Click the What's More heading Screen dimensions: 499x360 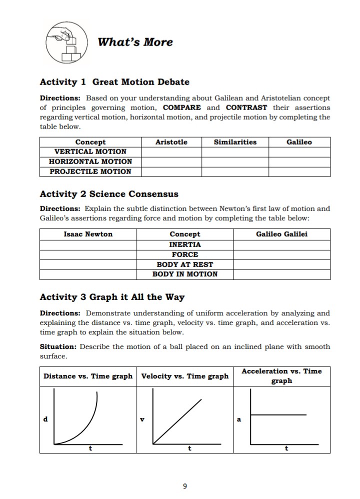[135, 42]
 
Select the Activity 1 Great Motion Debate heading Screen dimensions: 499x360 [114, 81]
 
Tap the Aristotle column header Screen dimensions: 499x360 [171, 142]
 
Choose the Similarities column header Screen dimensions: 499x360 [235, 142]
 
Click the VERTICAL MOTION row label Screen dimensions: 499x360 [90, 151]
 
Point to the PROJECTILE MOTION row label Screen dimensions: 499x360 [90, 171]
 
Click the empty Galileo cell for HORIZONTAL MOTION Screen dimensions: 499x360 [299, 161]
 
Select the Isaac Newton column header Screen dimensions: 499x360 [88, 234]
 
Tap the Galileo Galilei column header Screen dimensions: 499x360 [281, 234]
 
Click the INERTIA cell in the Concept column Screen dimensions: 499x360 [184, 244]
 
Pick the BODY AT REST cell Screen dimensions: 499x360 [184, 264]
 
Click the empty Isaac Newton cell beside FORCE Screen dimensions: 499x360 [88, 254]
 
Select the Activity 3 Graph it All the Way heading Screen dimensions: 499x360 [112, 297]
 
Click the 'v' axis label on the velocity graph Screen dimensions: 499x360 [143, 419]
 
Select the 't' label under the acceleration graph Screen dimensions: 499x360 [286, 448]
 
